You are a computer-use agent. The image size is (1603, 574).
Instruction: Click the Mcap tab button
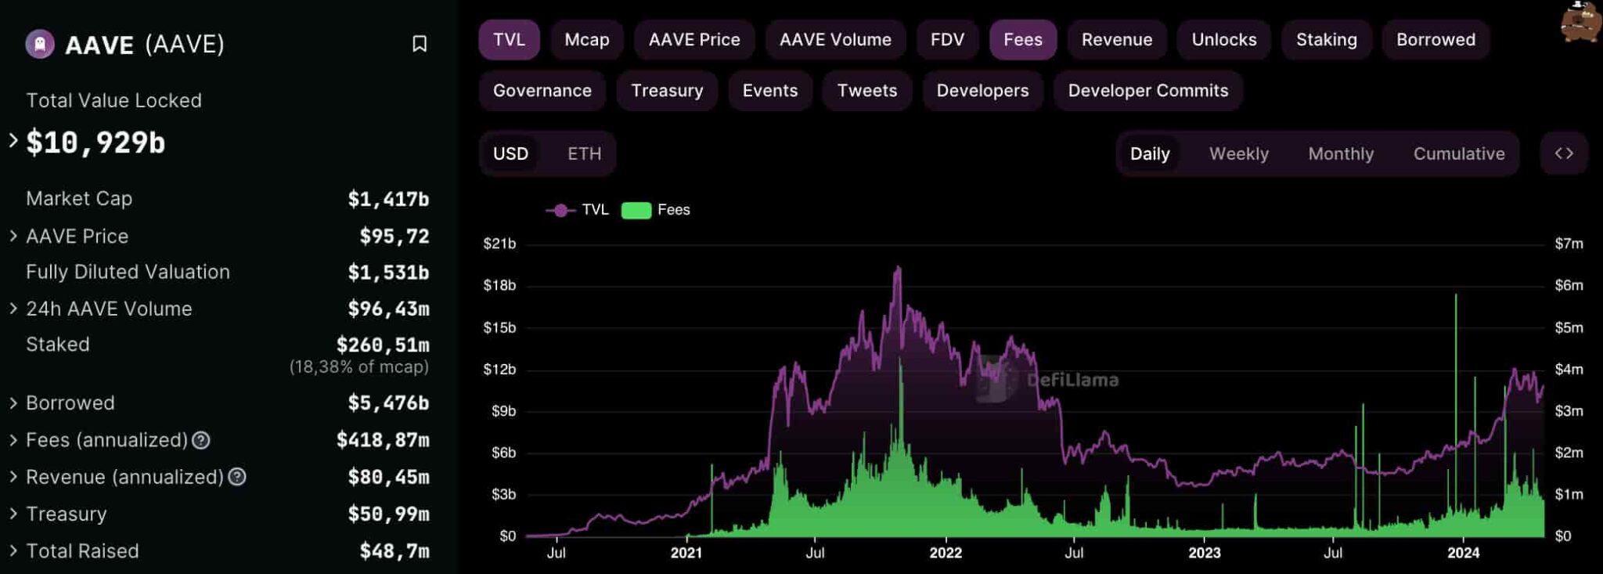click(x=586, y=40)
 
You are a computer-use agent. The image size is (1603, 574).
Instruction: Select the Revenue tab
click(x=1116, y=40)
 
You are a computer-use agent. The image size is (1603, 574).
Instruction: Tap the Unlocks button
click(x=1223, y=40)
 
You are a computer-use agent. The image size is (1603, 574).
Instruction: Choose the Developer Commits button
click(x=1147, y=91)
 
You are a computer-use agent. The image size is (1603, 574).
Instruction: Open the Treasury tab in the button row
click(x=667, y=91)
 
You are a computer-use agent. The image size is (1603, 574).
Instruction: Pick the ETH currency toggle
click(x=584, y=153)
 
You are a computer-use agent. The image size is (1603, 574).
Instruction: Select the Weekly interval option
click(x=1238, y=153)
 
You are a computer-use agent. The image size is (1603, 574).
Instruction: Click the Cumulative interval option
click(x=1458, y=153)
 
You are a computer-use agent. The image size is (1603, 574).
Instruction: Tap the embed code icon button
click(x=1563, y=153)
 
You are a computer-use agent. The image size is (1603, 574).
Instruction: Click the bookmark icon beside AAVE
click(x=420, y=44)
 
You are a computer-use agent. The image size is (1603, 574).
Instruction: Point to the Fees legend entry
click(x=656, y=210)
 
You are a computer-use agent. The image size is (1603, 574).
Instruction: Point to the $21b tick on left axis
click(x=499, y=244)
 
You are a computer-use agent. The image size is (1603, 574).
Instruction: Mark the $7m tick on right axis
click(x=1569, y=244)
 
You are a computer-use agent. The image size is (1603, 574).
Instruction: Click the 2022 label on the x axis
click(x=946, y=553)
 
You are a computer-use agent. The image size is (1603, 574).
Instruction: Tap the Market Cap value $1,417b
click(x=388, y=200)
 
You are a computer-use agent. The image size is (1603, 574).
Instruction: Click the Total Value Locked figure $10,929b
click(x=95, y=143)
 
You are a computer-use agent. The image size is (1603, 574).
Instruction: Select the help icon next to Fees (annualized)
click(x=201, y=440)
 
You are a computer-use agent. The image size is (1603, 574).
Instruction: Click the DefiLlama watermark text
click(x=1072, y=381)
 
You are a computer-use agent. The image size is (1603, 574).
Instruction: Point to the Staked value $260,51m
click(x=383, y=345)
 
